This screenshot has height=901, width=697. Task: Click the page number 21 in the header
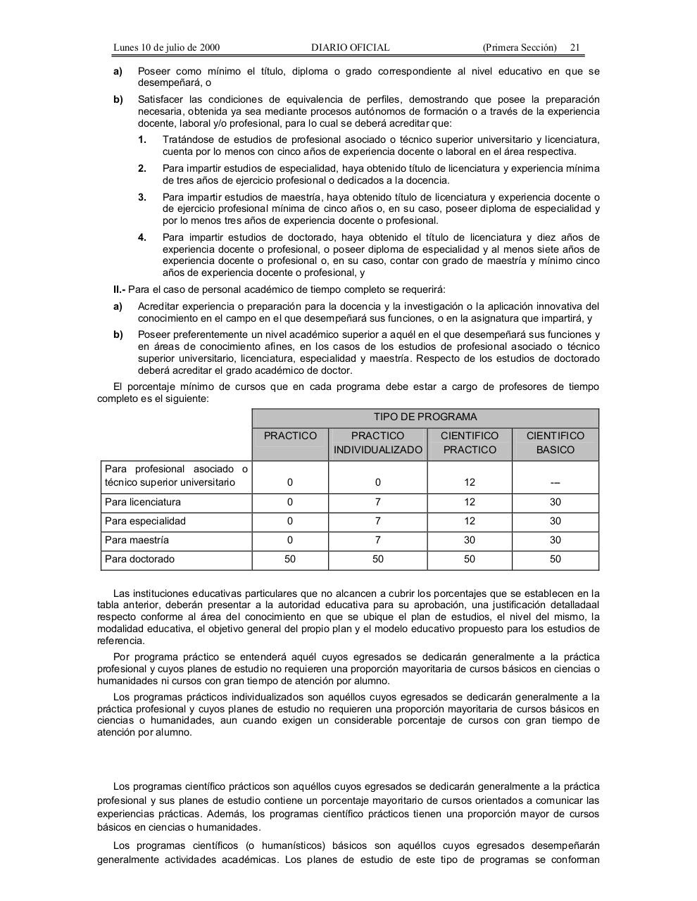[574, 47]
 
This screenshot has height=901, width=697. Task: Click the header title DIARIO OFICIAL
[350, 47]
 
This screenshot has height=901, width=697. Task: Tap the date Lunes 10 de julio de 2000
[166, 47]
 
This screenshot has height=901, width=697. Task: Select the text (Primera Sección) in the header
[520, 47]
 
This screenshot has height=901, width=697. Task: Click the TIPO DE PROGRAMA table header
[425, 417]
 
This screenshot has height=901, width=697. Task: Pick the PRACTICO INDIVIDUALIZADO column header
[378, 443]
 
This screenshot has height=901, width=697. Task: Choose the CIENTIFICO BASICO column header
[555, 443]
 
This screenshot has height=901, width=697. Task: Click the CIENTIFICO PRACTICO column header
[469, 443]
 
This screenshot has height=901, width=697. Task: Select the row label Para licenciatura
[143, 502]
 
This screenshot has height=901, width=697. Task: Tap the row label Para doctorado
[139, 559]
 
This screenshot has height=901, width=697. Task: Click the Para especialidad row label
[145, 521]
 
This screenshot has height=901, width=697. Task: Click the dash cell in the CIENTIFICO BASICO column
[555, 483]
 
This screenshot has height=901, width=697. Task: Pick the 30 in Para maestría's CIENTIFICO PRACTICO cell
[469, 540]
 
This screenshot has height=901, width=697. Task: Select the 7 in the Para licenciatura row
[378, 502]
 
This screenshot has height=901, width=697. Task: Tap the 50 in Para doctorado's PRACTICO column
[290, 559]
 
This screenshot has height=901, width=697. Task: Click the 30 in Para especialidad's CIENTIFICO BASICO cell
[555, 521]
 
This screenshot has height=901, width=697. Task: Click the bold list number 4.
[142, 237]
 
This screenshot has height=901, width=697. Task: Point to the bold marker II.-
[120, 289]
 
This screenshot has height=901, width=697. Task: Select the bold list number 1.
[142, 139]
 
